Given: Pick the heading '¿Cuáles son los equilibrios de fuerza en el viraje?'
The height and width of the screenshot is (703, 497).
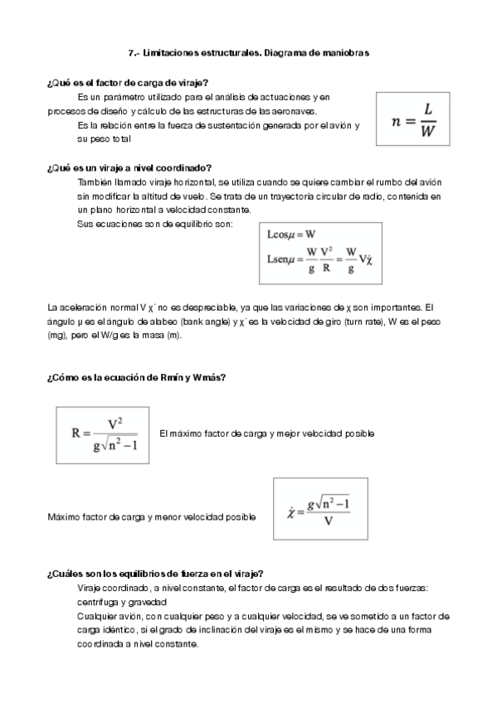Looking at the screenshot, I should coord(156,574).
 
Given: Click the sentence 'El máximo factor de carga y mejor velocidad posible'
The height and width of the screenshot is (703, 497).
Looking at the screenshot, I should coord(266,434).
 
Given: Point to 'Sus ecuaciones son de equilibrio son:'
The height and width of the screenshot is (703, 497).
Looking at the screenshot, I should coord(155,224).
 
